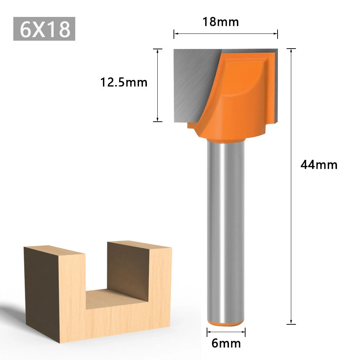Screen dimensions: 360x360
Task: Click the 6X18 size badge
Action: [44, 29]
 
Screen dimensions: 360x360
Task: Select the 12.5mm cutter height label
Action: [124, 82]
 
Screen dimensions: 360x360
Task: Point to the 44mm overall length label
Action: [319, 165]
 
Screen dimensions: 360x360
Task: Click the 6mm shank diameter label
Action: [226, 343]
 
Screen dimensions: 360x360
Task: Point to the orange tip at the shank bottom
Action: [226, 323]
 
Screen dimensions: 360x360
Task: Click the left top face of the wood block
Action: [54, 251]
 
